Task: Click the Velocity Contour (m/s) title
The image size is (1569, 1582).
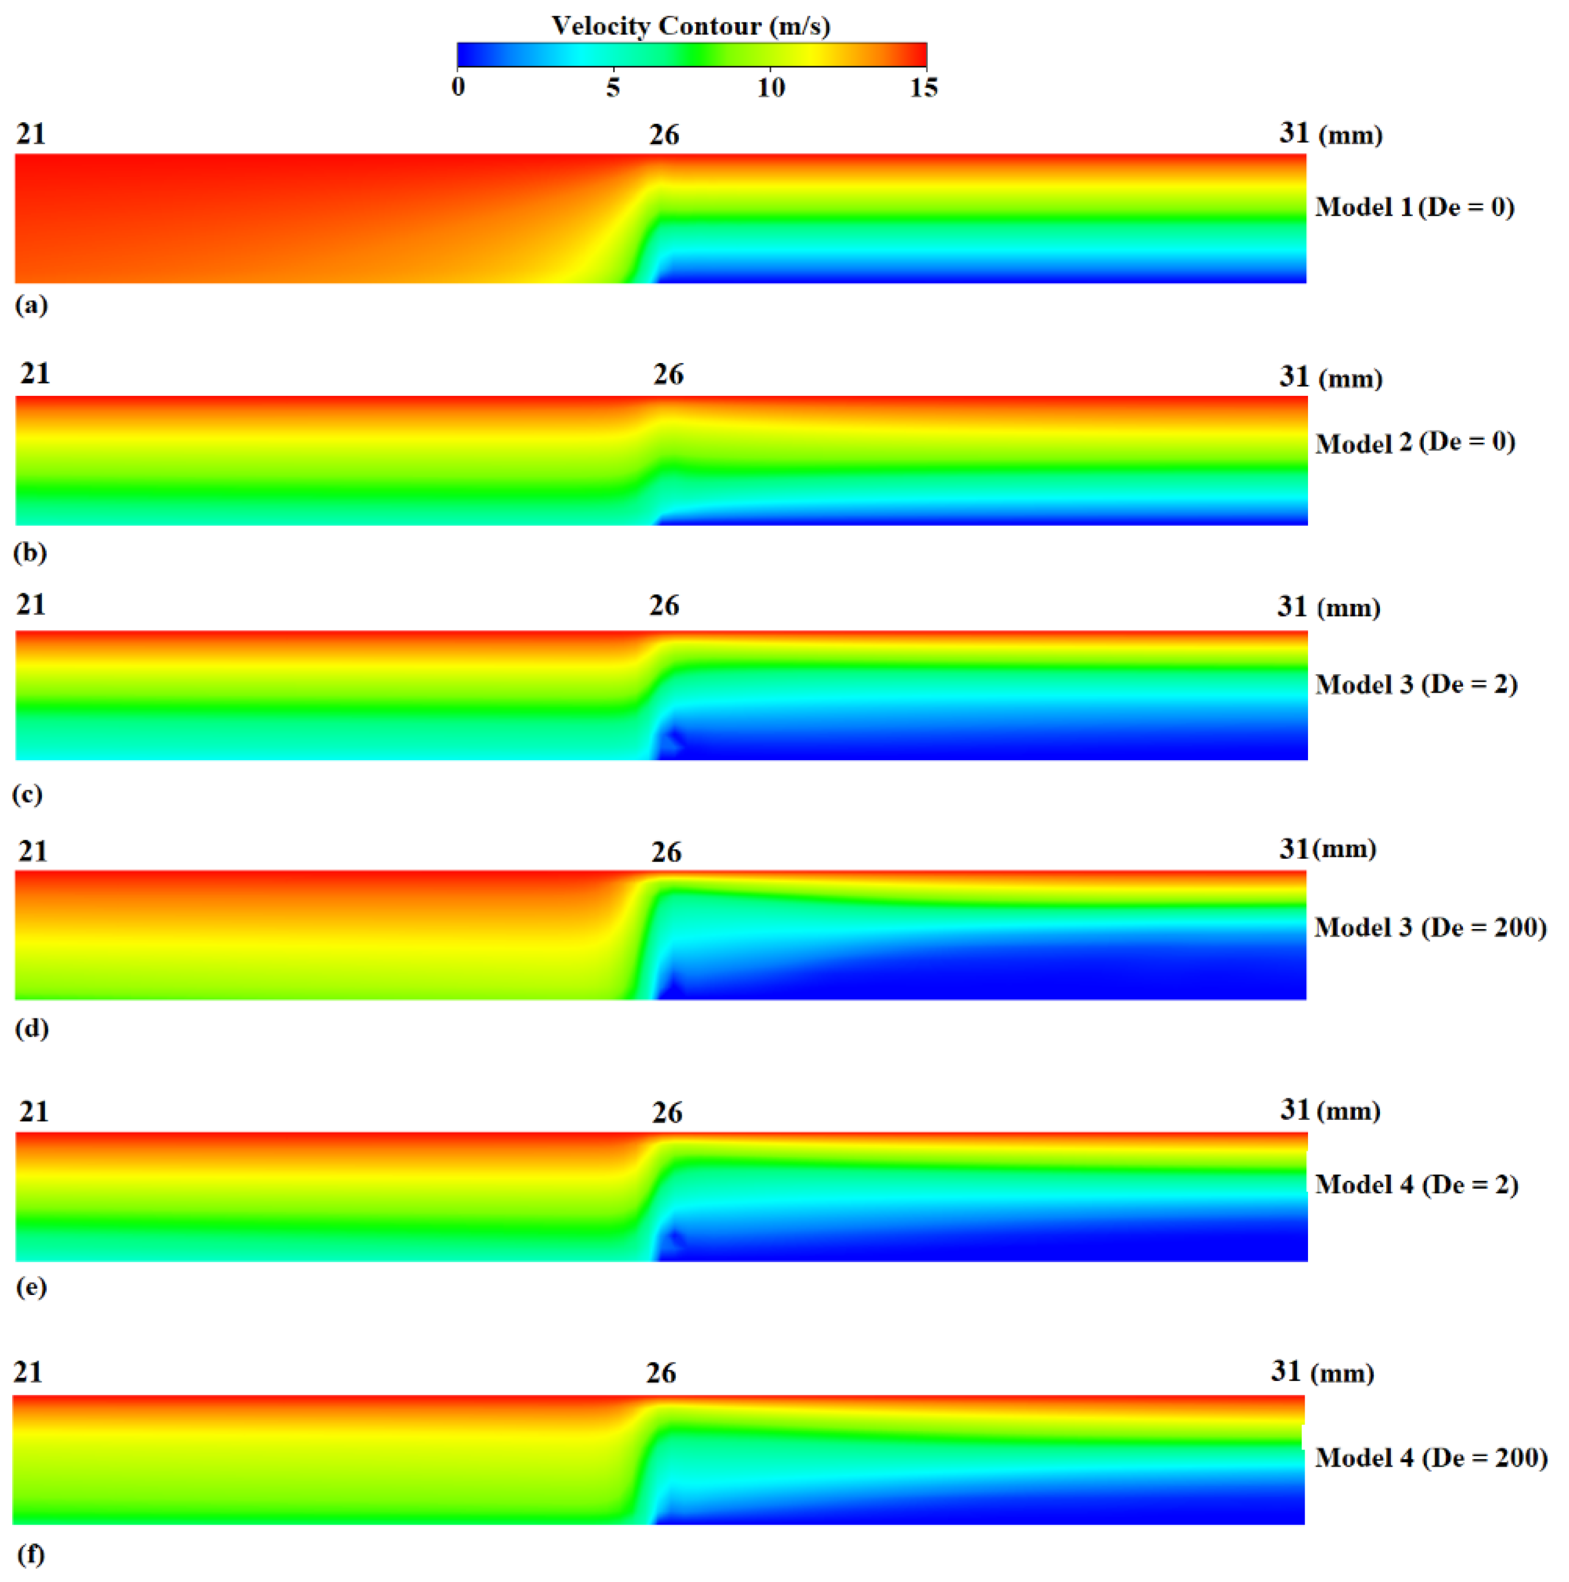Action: [x=691, y=25]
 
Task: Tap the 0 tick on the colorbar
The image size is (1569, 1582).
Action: [x=458, y=87]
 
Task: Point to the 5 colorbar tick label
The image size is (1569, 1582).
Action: [x=613, y=87]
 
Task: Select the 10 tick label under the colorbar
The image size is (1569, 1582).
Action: [x=770, y=87]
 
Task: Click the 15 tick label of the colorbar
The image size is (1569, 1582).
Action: [x=924, y=87]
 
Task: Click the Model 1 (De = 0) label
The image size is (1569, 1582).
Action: [x=1415, y=207]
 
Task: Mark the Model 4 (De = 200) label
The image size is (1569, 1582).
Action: [x=1431, y=1458]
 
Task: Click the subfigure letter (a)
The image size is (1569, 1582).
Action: [x=31, y=305]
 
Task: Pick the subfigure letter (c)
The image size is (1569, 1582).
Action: [x=27, y=794]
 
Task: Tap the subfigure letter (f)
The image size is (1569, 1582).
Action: [x=31, y=1554]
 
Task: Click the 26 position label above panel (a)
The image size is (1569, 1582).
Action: [x=664, y=134]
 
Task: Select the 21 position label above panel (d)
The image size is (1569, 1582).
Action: [x=33, y=852]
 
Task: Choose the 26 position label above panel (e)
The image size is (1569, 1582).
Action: [x=667, y=1113]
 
